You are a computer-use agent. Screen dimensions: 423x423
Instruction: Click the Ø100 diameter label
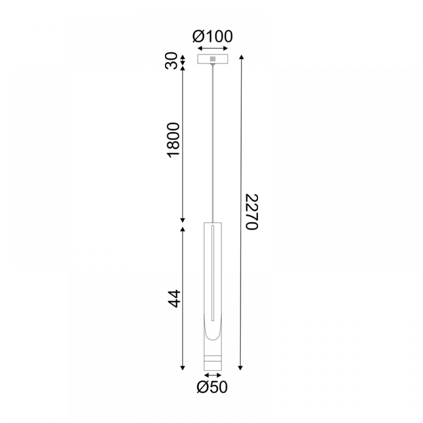pos(213,36)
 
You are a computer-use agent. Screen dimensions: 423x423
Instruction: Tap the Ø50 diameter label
pos(212,387)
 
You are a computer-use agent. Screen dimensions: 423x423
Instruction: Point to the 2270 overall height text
pos(252,212)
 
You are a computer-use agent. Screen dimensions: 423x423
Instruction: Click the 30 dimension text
pos(172,60)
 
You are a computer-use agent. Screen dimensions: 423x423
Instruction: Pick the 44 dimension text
pos(174,299)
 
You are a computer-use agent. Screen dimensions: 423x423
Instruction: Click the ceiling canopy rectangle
pos(213,59)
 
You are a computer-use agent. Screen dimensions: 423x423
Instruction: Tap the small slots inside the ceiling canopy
pos(213,59)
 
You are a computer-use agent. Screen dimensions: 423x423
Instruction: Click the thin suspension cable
pos(213,143)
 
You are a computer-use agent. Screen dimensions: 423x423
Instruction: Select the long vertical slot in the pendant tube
pos(213,273)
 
